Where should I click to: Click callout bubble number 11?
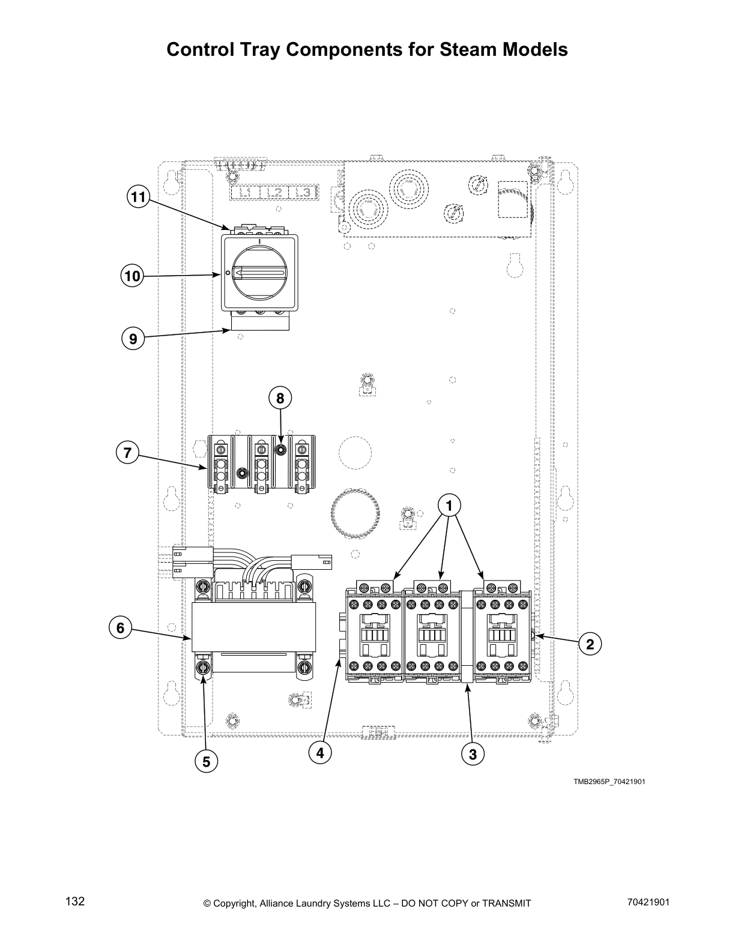point(139,197)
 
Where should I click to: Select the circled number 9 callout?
point(133,339)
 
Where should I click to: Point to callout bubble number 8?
point(280,397)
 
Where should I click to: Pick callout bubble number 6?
point(120,628)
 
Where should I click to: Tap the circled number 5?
point(206,762)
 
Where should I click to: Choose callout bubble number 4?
point(320,752)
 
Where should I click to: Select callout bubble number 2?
point(590,644)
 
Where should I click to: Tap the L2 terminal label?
point(274,193)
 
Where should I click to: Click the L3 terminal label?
point(303,193)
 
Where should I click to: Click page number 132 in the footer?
point(75,902)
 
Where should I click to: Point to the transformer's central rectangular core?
point(254,627)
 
